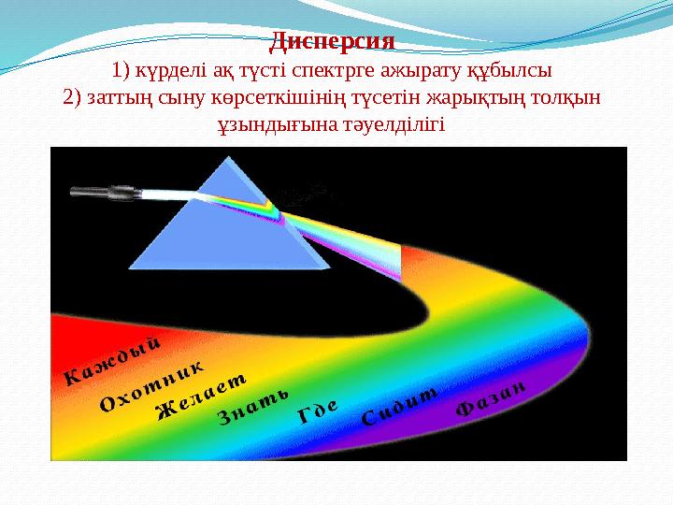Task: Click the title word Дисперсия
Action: (x=333, y=42)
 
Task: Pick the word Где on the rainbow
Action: (x=317, y=412)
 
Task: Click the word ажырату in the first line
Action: (x=426, y=70)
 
